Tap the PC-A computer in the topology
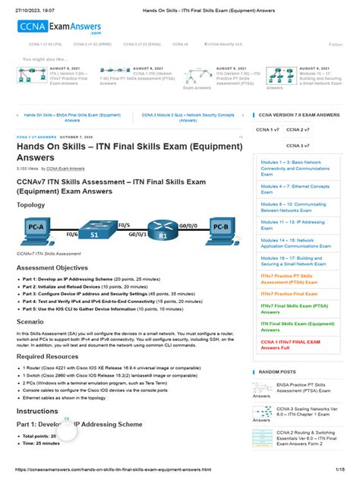point(35,227)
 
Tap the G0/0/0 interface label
point(190,226)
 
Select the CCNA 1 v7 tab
point(267,130)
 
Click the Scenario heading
point(33,321)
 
